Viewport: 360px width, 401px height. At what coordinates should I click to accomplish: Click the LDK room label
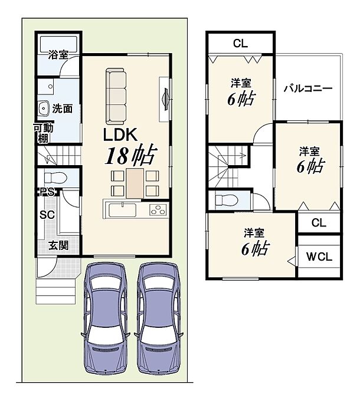(x=120, y=134)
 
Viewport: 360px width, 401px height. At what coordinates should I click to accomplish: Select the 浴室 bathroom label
(x=58, y=55)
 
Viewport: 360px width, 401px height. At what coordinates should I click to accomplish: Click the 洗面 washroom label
(x=63, y=109)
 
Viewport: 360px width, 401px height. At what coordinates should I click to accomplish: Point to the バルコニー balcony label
(x=308, y=88)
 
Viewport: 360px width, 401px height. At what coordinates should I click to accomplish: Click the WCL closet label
(x=319, y=257)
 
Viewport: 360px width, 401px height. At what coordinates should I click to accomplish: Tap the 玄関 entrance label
(x=58, y=245)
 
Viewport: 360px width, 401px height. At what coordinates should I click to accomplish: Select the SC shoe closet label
(x=47, y=215)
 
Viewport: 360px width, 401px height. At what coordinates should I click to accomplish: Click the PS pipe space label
(x=47, y=192)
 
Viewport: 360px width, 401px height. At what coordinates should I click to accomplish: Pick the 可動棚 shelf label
(x=44, y=133)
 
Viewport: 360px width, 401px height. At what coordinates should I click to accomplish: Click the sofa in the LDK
(x=116, y=96)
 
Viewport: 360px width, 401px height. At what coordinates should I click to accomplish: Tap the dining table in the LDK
(x=135, y=183)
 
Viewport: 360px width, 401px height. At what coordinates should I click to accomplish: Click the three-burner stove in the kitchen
(x=158, y=209)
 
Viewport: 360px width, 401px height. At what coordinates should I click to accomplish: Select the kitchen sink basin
(x=123, y=210)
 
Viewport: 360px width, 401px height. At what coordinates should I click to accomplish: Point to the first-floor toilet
(x=55, y=178)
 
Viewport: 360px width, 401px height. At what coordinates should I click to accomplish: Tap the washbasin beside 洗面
(x=44, y=108)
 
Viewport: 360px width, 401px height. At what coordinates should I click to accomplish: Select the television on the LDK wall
(x=166, y=99)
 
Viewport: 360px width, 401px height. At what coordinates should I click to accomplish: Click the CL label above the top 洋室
(x=241, y=44)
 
